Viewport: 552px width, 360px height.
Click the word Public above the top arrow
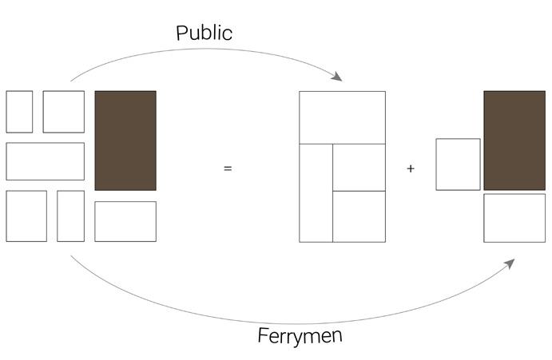204,33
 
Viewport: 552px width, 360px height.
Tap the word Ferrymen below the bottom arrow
300,335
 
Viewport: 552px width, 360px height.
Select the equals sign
228,168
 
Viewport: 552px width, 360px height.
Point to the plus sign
411,168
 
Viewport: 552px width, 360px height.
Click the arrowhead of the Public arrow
338,77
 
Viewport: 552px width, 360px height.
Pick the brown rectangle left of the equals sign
125,140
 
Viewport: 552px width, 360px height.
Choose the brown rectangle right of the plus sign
514,140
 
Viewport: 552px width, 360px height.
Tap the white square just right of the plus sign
458,164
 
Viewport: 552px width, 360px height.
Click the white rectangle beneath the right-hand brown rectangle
514,217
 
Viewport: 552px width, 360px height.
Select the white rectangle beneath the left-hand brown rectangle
125,221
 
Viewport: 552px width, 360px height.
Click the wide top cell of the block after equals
342,117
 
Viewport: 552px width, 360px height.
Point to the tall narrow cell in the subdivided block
316,192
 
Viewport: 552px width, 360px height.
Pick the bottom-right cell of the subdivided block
359,216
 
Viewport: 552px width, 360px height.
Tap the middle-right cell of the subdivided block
359,168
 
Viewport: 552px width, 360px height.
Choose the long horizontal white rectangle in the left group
45,161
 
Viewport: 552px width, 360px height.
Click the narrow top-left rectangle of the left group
19,112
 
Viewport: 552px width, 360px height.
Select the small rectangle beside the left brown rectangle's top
63,112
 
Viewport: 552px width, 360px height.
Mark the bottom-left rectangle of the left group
26,216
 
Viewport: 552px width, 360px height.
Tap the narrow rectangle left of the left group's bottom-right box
70,216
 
